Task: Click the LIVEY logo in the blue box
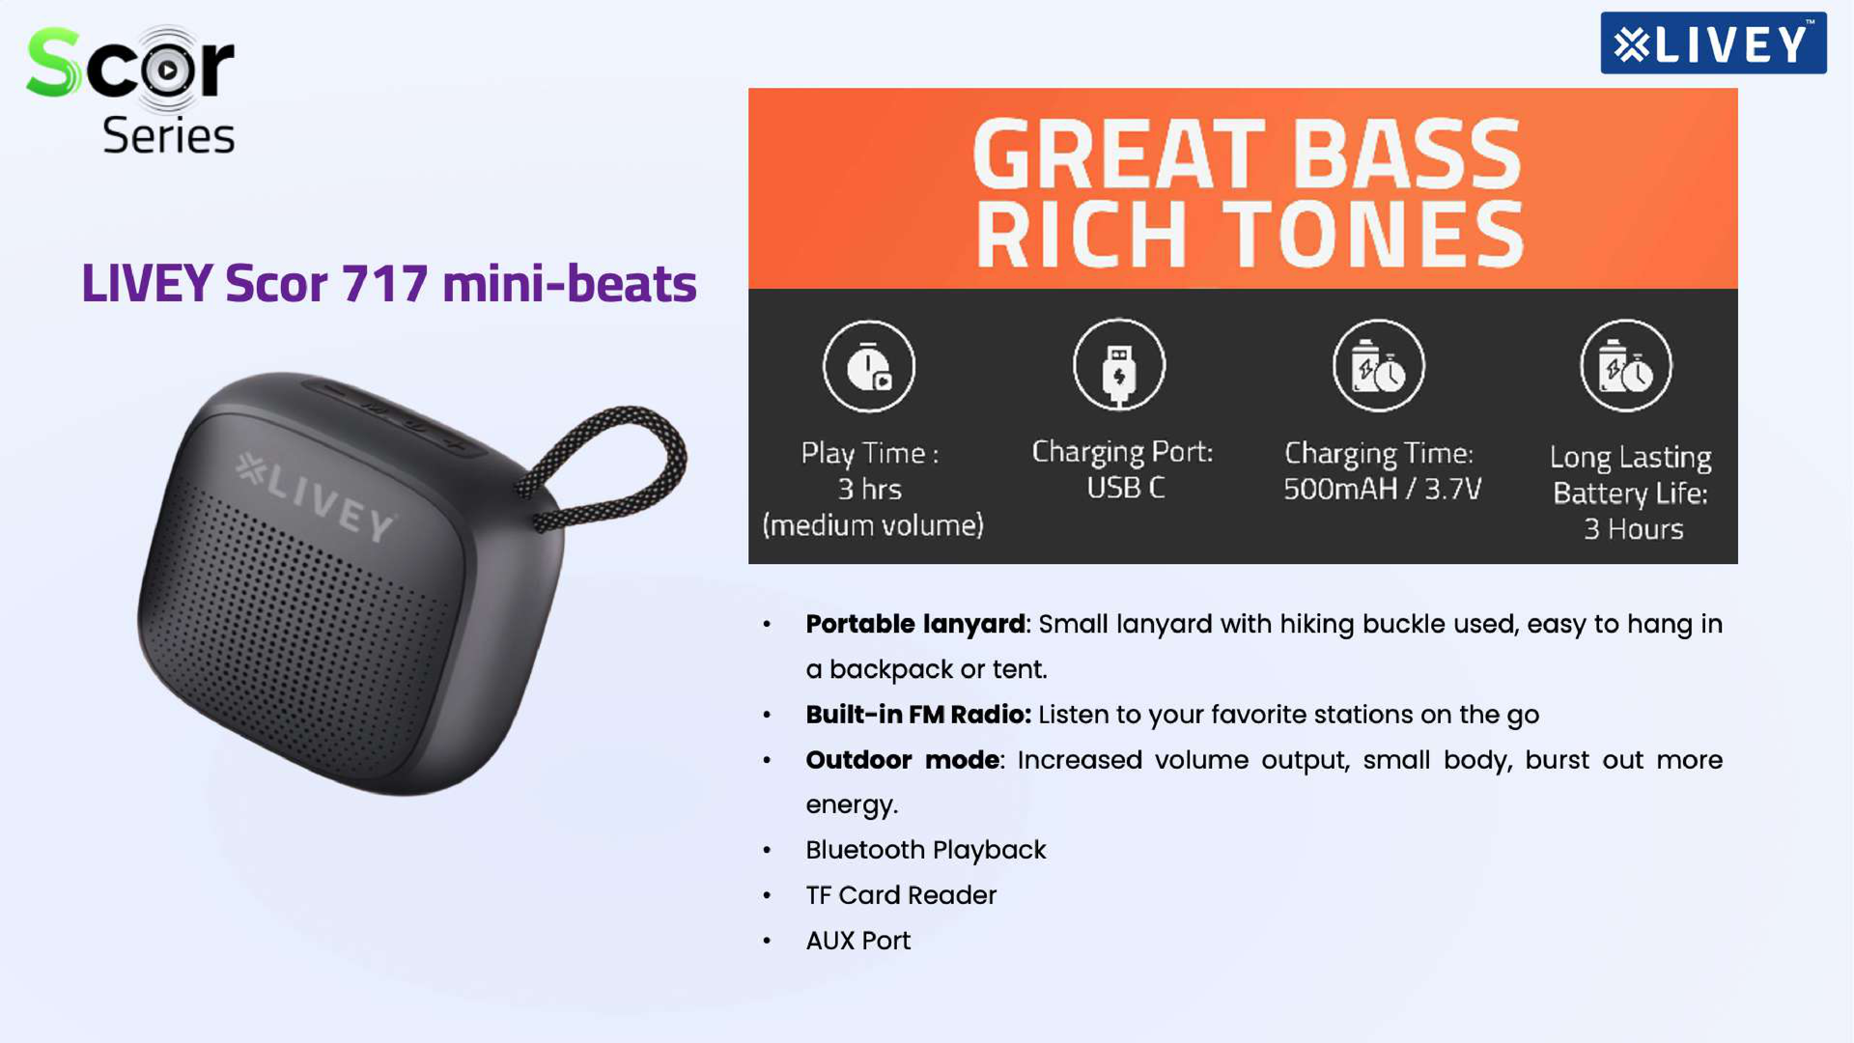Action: pos(1713,43)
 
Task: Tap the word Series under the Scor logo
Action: pos(169,135)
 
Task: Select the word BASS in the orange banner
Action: pos(1407,155)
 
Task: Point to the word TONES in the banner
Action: pos(1375,235)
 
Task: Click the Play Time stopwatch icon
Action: pos(869,367)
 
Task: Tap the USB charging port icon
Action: pos(1119,365)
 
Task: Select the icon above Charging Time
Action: pos(1379,366)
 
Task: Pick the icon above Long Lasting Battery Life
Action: pos(1626,366)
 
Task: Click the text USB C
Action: pos(1126,488)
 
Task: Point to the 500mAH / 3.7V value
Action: pos(1382,489)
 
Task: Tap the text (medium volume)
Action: pos(873,525)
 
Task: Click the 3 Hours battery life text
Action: pos(1633,529)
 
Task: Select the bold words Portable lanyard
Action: pos(915,625)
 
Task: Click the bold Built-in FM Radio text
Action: pos(918,715)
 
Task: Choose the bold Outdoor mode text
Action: pos(903,760)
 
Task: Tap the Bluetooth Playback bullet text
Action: pos(926,850)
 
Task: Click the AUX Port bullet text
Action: pos(858,941)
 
